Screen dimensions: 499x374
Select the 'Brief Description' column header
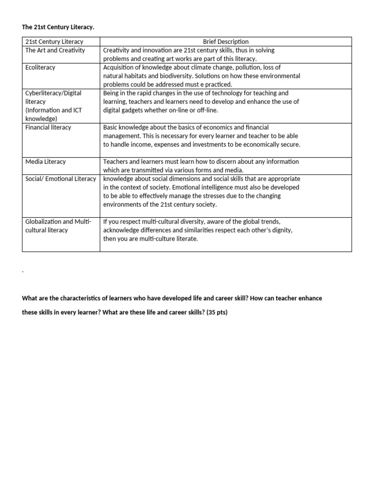tap(225, 41)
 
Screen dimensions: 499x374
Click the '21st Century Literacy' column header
tap(54, 41)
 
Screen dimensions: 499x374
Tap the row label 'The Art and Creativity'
tap(55, 50)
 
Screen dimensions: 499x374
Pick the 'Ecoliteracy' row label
tap(40, 67)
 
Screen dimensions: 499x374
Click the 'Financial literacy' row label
tap(48, 127)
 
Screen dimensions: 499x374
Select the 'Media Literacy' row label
tap(45, 161)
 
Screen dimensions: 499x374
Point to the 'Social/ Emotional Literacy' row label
tap(61, 179)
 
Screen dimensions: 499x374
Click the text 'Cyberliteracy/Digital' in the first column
tap(54, 93)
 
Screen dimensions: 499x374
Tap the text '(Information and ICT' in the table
tap(54, 110)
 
